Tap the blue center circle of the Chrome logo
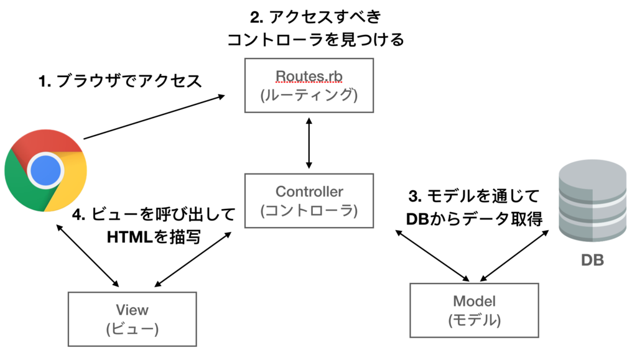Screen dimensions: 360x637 (x=45, y=169)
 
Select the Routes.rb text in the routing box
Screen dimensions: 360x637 (x=309, y=76)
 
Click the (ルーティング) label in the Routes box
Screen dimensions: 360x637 (x=309, y=95)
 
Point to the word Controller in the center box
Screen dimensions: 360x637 (x=309, y=192)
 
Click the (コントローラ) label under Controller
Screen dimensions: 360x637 (x=309, y=211)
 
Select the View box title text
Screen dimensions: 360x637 (x=132, y=310)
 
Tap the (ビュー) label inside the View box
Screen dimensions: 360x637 (x=132, y=328)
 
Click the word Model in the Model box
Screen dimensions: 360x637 (x=474, y=302)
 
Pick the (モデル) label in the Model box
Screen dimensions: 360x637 (x=474, y=320)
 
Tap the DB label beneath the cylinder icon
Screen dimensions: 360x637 (x=592, y=260)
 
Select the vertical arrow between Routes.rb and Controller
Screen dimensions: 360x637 (x=309, y=143)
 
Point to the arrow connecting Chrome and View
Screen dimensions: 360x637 (x=87, y=256)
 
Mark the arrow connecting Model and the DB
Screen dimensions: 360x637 (x=515, y=255)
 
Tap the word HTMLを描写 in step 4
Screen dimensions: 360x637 (x=154, y=237)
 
